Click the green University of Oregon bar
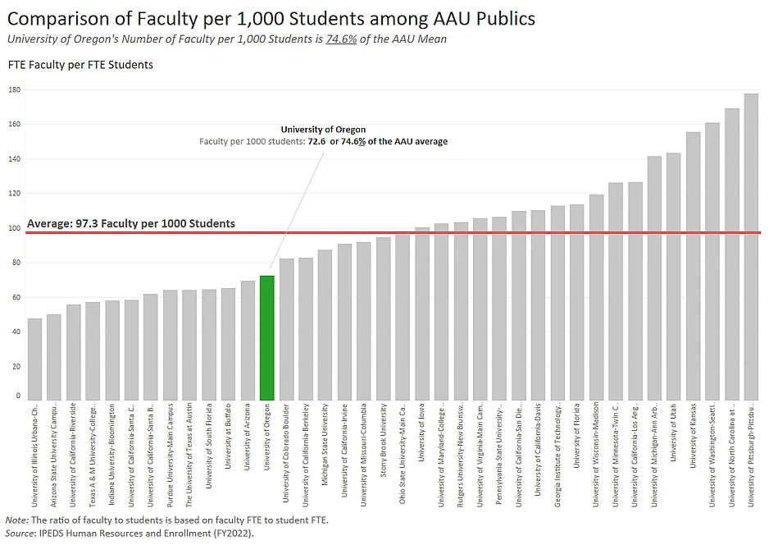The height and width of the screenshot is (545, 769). pos(266,337)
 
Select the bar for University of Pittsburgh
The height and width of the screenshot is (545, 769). pos(751,246)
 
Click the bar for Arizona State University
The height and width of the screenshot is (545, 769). pos(54,357)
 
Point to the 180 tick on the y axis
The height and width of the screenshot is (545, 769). pos(14,89)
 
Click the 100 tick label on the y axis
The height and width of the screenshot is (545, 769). pos(14,228)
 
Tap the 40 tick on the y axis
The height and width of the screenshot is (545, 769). pos(16,332)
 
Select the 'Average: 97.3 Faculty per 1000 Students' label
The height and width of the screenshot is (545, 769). pos(131,223)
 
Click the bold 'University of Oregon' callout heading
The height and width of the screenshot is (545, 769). pos(323,130)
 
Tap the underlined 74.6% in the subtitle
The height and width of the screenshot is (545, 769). pos(341,39)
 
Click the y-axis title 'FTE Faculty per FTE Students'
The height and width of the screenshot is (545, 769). pos(80,65)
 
